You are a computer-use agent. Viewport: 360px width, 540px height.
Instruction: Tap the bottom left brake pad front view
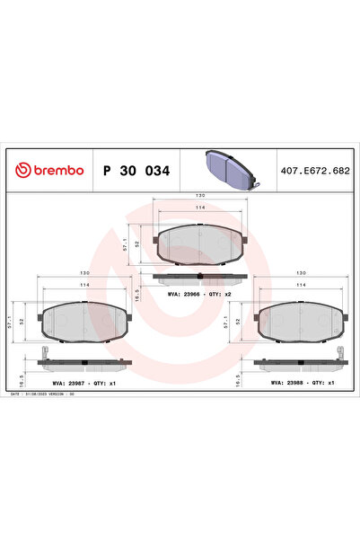tap(86, 320)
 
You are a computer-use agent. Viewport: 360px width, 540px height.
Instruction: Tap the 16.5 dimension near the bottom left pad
tap(136, 293)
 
